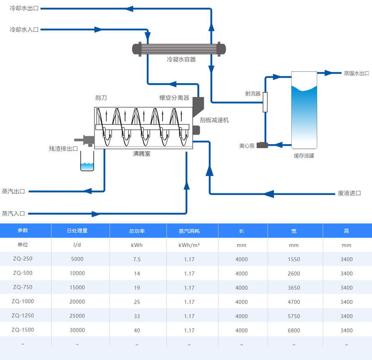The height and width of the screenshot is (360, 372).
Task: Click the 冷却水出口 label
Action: coord(24,8)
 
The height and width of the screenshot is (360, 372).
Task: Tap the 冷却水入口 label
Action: coord(24,30)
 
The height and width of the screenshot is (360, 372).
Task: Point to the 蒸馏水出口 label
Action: coord(356,73)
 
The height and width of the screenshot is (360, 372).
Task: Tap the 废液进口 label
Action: coord(349,193)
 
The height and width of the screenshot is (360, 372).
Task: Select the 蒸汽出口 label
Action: coord(13,191)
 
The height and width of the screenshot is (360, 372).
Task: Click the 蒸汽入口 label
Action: coord(13,213)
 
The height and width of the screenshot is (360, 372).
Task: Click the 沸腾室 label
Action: coord(142,154)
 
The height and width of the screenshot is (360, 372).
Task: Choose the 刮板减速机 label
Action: coord(214,120)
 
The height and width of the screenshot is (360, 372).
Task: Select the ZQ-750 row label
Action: coord(23,287)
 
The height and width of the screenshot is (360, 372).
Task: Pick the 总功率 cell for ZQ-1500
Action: coord(137,330)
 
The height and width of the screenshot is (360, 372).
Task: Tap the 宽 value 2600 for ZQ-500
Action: coord(294,274)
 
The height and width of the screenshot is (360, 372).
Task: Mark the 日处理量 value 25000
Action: coord(77,316)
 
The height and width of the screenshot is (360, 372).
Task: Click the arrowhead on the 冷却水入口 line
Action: coord(98,30)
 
